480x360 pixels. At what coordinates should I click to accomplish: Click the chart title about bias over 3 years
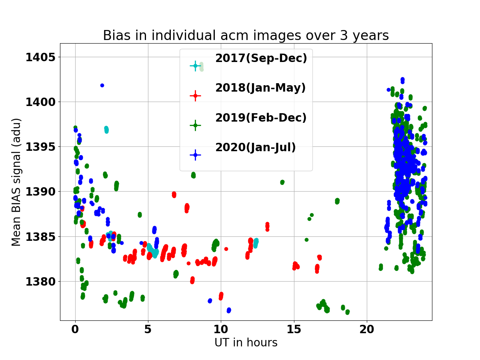(246, 36)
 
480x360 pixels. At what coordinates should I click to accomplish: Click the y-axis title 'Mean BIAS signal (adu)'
(16, 182)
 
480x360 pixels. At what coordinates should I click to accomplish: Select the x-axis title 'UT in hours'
(246, 342)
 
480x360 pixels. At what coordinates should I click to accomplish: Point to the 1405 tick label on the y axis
(40, 57)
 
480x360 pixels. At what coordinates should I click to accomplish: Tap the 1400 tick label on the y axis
(40, 102)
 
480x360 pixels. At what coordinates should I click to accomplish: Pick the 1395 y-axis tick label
(40, 147)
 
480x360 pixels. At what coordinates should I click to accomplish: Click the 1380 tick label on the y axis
(40, 282)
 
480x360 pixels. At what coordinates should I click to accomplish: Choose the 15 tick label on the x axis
(294, 329)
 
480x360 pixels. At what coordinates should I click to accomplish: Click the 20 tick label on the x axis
(367, 329)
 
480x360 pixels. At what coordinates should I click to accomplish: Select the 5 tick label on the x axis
(148, 329)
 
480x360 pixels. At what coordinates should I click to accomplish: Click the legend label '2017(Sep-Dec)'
(261, 58)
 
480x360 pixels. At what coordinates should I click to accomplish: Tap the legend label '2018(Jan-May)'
(260, 88)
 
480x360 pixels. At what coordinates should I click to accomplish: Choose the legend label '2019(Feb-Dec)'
(261, 118)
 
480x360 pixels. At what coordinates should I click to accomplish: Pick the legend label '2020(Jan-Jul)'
(256, 147)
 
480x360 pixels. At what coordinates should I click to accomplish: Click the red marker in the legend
(195, 96)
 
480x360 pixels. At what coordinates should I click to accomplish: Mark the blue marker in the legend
(195, 155)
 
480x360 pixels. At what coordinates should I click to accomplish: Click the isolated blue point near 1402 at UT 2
(102, 85)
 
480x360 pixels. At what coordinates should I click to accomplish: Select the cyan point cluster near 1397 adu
(106, 130)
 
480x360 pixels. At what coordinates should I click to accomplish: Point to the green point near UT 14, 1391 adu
(282, 182)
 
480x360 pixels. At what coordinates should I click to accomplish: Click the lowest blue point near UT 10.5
(229, 310)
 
